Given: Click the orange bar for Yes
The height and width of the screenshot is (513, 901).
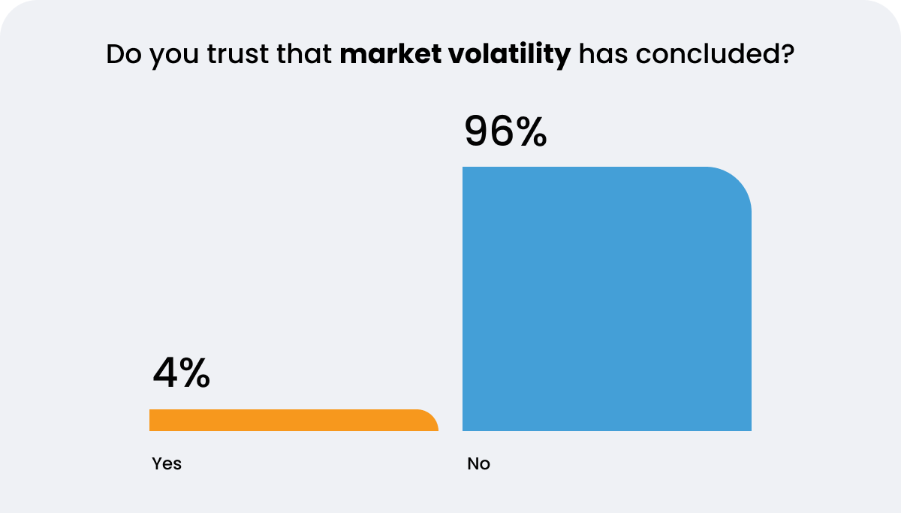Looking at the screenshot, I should [x=293, y=421].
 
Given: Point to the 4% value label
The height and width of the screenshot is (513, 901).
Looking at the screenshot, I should [x=181, y=373].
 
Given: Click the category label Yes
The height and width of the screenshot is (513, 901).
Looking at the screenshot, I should [x=167, y=463].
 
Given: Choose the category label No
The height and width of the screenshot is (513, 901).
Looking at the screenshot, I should [x=478, y=463].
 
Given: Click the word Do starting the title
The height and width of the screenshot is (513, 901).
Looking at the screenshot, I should [x=122, y=55].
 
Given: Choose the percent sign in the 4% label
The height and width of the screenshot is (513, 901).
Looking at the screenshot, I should [x=194, y=373].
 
